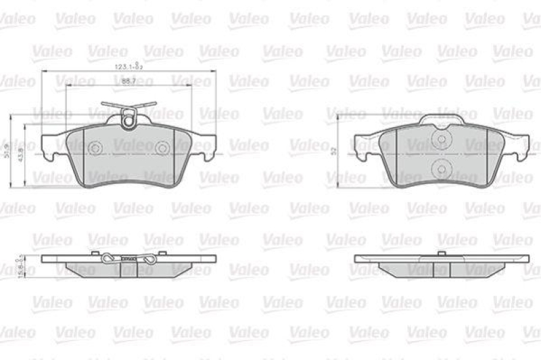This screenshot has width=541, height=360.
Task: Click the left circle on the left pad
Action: pos(95,148)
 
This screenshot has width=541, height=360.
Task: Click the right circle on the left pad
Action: pos(162,148)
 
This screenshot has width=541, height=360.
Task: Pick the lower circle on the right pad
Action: pos(442,168)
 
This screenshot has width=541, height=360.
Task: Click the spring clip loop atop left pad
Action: pos(128,120)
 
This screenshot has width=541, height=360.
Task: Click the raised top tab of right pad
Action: pos(442,120)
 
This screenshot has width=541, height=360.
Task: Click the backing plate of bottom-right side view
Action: pos(442,258)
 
